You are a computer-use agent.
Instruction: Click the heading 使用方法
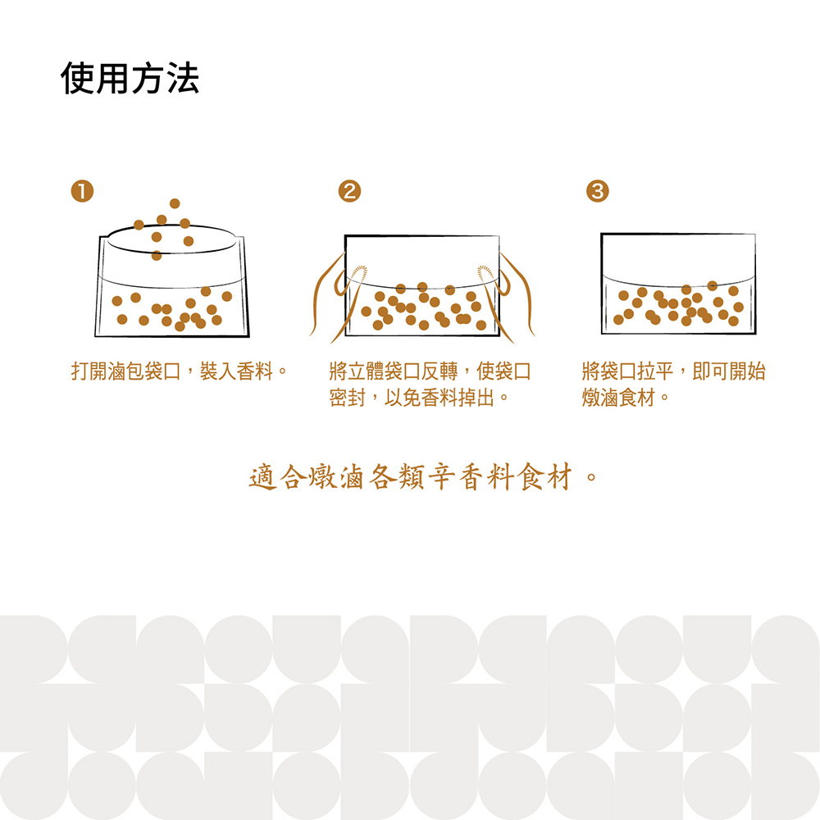[130, 79]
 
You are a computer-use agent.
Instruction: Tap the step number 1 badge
[82, 191]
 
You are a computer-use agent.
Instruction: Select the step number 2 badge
[349, 191]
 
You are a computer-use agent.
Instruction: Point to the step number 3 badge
[597, 191]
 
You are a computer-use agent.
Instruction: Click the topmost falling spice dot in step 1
[175, 203]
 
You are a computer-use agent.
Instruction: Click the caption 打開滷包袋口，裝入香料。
[180, 371]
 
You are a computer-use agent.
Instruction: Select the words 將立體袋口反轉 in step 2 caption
[394, 371]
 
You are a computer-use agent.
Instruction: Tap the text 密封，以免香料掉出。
[419, 398]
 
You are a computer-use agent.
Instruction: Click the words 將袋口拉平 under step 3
[627, 371]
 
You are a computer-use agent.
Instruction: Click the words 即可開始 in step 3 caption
[729, 371]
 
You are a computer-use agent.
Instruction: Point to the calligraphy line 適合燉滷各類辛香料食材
[411, 477]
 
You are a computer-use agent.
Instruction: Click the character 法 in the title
[183, 79]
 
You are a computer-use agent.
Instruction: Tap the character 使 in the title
[77, 79]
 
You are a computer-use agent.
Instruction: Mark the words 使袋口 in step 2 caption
[503, 371]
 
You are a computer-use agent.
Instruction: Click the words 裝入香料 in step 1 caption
[236, 371]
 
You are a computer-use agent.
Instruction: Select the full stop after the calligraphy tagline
[591, 477]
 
